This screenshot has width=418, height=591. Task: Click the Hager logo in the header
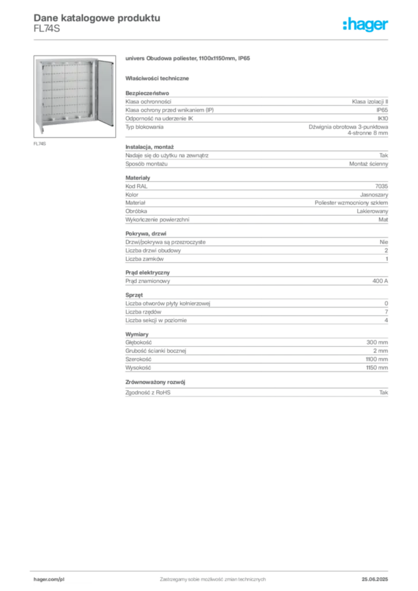coord(365,25)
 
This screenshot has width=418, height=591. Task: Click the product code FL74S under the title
coord(47,29)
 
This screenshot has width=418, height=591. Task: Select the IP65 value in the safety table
coord(382,110)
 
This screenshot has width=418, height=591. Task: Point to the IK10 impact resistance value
coord(383,118)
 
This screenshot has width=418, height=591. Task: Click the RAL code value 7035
coord(382,186)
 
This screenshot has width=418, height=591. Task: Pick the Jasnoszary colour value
coord(374,195)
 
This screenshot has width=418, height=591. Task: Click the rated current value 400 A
coord(380,281)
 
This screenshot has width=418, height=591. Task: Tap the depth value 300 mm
coord(377,342)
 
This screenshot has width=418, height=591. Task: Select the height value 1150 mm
coord(377,368)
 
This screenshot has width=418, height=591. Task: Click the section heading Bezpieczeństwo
coord(147,93)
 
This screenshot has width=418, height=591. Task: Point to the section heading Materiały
coord(137,178)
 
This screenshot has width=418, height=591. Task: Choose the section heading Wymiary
coord(137,334)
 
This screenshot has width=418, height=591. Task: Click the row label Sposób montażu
coord(146,164)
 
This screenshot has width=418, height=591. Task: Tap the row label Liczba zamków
coord(144,259)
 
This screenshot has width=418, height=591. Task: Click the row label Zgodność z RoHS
coord(148,392)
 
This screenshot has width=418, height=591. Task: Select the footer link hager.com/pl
coord(49,579)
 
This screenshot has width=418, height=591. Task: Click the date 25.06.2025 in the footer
coord(375,579)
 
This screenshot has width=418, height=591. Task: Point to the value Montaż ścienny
coord(368,164)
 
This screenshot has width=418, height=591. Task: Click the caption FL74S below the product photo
coord(40,144)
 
